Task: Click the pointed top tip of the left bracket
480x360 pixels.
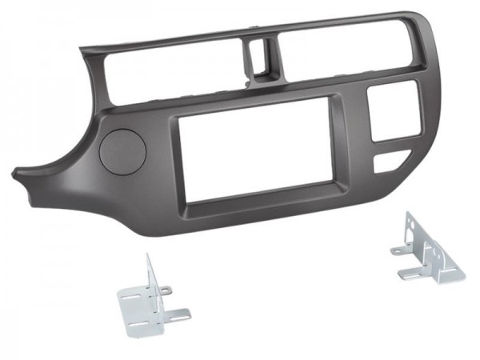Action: coord(147,258)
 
